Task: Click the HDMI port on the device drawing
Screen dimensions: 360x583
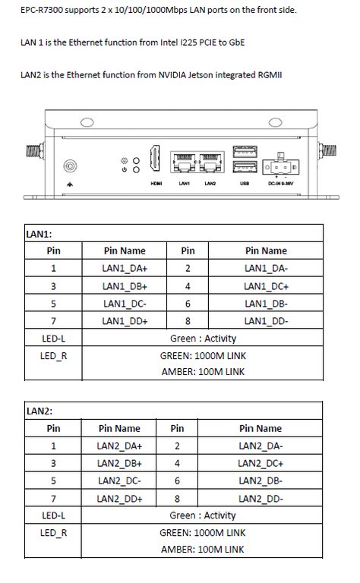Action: [155, 159]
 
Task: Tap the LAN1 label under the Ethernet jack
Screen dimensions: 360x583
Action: [184, 184]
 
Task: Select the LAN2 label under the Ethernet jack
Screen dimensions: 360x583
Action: [210, 184]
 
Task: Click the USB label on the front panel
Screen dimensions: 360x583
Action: [245, 184]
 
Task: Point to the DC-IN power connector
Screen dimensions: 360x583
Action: [280, 166]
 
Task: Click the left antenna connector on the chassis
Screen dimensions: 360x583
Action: [36, 151]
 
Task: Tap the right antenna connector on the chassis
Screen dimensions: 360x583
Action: [327, 150]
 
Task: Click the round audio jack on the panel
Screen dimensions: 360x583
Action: [70, 166]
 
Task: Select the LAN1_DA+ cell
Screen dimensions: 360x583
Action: [125, 268]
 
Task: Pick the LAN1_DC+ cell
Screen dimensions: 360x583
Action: [266, 286]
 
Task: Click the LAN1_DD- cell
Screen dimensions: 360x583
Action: [266, 321]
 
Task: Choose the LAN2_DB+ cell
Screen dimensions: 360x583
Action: [119, 464]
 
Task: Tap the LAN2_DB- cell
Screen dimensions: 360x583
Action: [261, 481]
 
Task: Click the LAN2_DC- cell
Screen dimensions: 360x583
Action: [119, 481]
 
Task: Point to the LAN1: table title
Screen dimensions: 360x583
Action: [39, 235]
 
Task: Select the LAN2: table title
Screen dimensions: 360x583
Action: [39, 411]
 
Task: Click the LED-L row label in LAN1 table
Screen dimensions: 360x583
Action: [53, 339]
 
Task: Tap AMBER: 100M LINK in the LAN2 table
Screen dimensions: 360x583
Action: [203, 550]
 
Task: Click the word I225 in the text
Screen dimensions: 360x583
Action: [188, 43]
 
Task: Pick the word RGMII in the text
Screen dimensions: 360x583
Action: [270, 74]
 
